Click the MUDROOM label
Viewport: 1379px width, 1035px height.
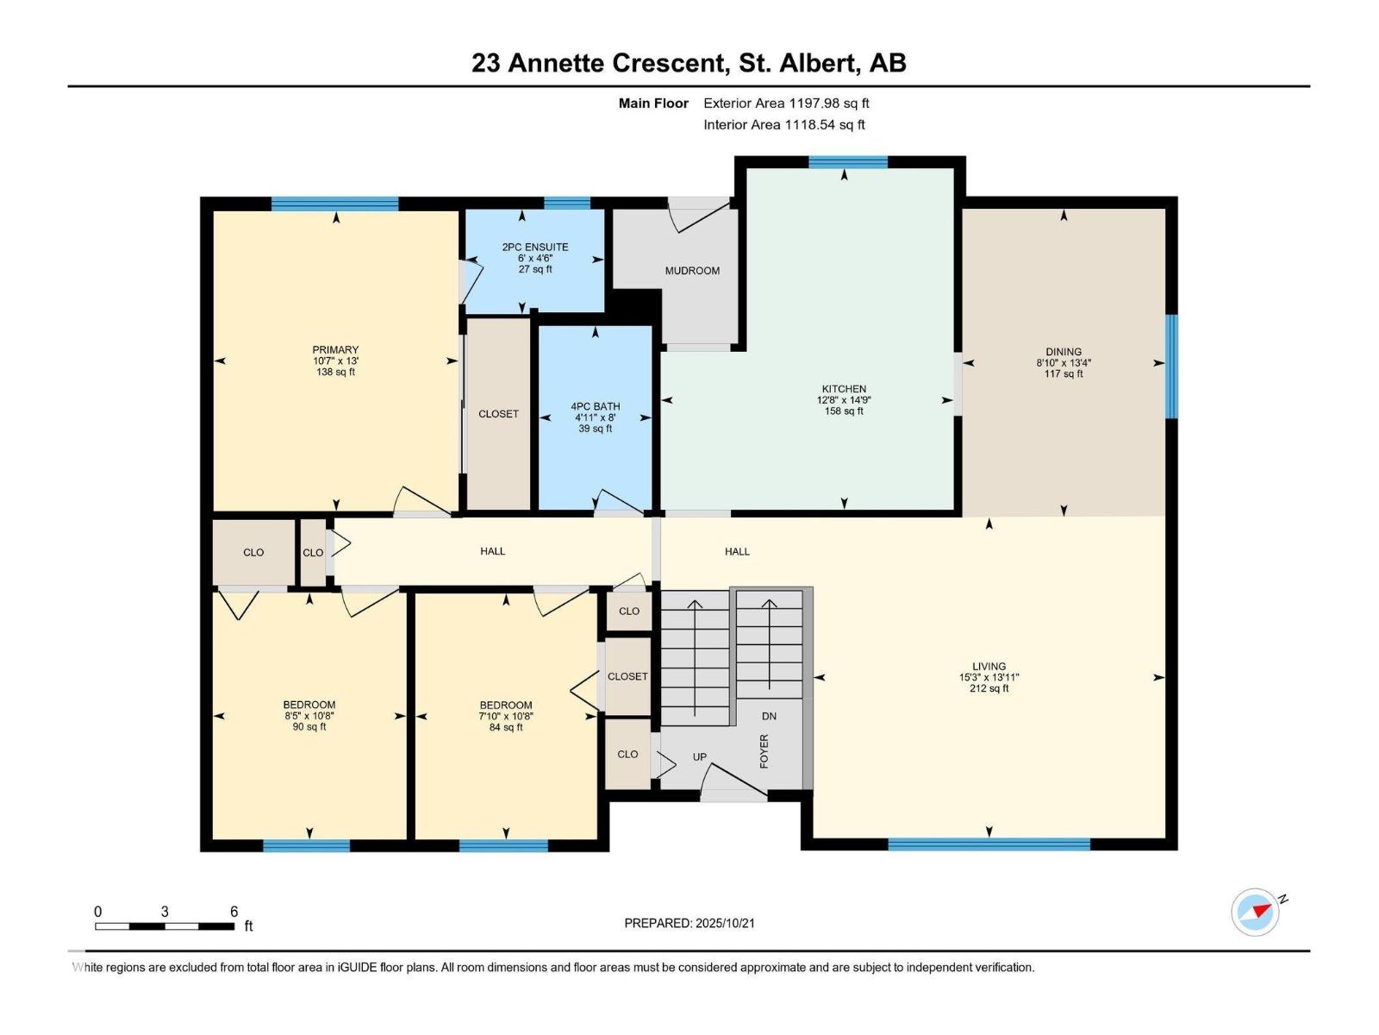(692, 271)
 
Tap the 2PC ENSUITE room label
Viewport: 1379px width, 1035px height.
(535, 248)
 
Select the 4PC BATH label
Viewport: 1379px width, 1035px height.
(595, 406)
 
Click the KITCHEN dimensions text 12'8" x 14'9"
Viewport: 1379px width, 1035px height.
(844, 400)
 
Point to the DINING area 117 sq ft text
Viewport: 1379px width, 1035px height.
(1064, 374)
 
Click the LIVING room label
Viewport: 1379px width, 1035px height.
(989, 666)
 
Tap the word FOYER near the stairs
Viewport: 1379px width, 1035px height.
(764, 751)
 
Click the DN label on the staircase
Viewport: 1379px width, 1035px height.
(769, 716)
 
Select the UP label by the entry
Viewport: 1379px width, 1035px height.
(699, 757)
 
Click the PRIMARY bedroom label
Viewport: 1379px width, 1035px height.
(335, 350)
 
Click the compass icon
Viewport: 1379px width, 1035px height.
(1256, 912)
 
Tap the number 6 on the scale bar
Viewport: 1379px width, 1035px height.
(234, 912)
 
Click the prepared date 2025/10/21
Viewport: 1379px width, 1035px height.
(725, 923)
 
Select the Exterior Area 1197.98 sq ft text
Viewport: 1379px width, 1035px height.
(786, 103)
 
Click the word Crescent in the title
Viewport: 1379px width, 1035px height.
(667, 63)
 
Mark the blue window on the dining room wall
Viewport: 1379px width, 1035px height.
(1171, 367)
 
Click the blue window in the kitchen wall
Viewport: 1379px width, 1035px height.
(847, 161)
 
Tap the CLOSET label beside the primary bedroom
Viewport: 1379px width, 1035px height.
(498, 414)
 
